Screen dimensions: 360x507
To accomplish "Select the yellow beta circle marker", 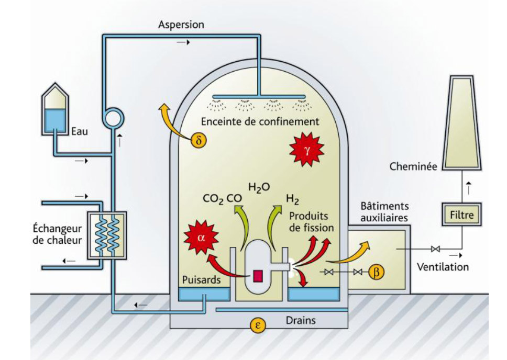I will [376, 272].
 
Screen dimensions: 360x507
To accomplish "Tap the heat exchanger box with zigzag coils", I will [106, 234].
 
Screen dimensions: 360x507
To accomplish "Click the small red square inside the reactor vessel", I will [258, 276].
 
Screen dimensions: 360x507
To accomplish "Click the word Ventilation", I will [443, 267].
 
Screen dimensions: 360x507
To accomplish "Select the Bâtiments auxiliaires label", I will [384, 212].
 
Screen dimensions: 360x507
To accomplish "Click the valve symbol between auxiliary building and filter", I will [434, 249].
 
